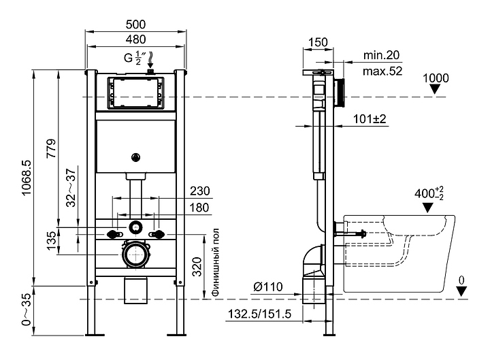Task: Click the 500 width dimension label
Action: coord(135,24)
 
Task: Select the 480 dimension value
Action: coord(135,39)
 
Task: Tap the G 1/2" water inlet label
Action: coord(135,58)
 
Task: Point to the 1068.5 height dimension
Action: coord(27,178)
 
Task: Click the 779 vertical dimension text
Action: coord(51,148)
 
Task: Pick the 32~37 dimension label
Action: coord(71,188)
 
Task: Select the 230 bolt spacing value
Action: coord(199,191)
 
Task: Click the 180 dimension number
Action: coord(199,208)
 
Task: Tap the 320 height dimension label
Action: coord(197,267)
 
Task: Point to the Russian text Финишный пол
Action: coord(216,262)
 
